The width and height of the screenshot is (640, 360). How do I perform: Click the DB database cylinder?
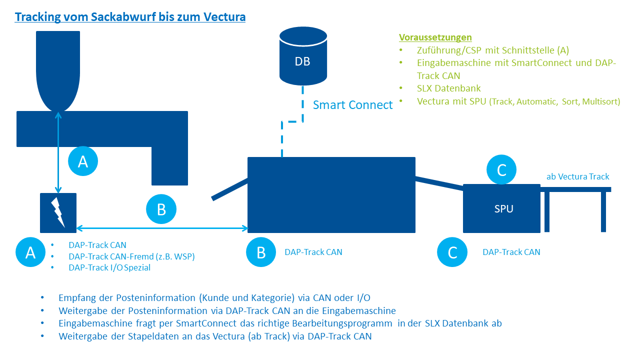[303, 56]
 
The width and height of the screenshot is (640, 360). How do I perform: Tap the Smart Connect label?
[352, 105]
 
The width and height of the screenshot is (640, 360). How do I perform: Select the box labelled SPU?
[501, 208]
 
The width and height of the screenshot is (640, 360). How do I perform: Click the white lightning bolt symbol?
[58, 212]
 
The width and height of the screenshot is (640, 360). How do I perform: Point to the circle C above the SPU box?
[501, 169]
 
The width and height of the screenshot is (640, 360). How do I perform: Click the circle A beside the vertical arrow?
[83, 161]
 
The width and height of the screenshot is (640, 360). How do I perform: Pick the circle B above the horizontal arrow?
[161, 209]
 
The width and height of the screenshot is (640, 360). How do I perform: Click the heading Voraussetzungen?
[435, 37]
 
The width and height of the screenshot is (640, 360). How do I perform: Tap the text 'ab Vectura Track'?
[577, 176]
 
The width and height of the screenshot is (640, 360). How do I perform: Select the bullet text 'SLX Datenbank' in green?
[448, 88]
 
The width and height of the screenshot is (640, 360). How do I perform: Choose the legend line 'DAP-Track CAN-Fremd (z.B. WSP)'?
[131, 256]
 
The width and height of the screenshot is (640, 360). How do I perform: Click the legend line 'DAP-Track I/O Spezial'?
[109, 267]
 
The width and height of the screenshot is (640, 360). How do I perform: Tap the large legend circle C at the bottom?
[452, 252]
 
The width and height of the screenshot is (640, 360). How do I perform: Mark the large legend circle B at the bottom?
[261, 252]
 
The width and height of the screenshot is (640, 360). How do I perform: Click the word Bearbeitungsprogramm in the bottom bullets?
[342, 323]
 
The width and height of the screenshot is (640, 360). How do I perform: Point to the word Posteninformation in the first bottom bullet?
[155, 297]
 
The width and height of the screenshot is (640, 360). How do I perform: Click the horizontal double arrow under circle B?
[162, 228]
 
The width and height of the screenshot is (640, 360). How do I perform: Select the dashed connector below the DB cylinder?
[292, 121]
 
